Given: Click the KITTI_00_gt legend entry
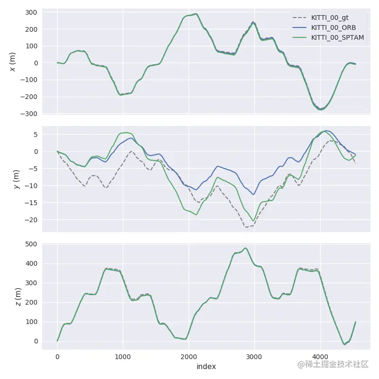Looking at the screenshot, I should click(330, 18).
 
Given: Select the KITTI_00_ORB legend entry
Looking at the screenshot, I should click(333, 27).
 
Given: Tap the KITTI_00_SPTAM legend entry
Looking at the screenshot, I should click(337, 37).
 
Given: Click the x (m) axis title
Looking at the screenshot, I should click(13, 62).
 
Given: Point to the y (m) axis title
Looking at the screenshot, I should click(16, 180).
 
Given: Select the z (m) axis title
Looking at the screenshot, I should click(18, 297).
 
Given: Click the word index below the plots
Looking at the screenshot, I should click(206, 367).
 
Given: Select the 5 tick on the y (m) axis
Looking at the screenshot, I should click(35, 135).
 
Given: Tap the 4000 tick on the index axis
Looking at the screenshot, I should click(320, 357).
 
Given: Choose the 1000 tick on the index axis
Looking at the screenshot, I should click(123, 357).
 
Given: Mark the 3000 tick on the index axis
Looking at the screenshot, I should click(254, 357).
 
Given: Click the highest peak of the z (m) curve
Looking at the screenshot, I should click(245, 248).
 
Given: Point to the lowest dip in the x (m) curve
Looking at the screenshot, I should click(321, 109).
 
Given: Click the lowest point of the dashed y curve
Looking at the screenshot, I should click(247, 227).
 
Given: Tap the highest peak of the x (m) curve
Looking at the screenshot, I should click(196, 14).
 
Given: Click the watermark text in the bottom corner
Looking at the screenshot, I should click(333, 364).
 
